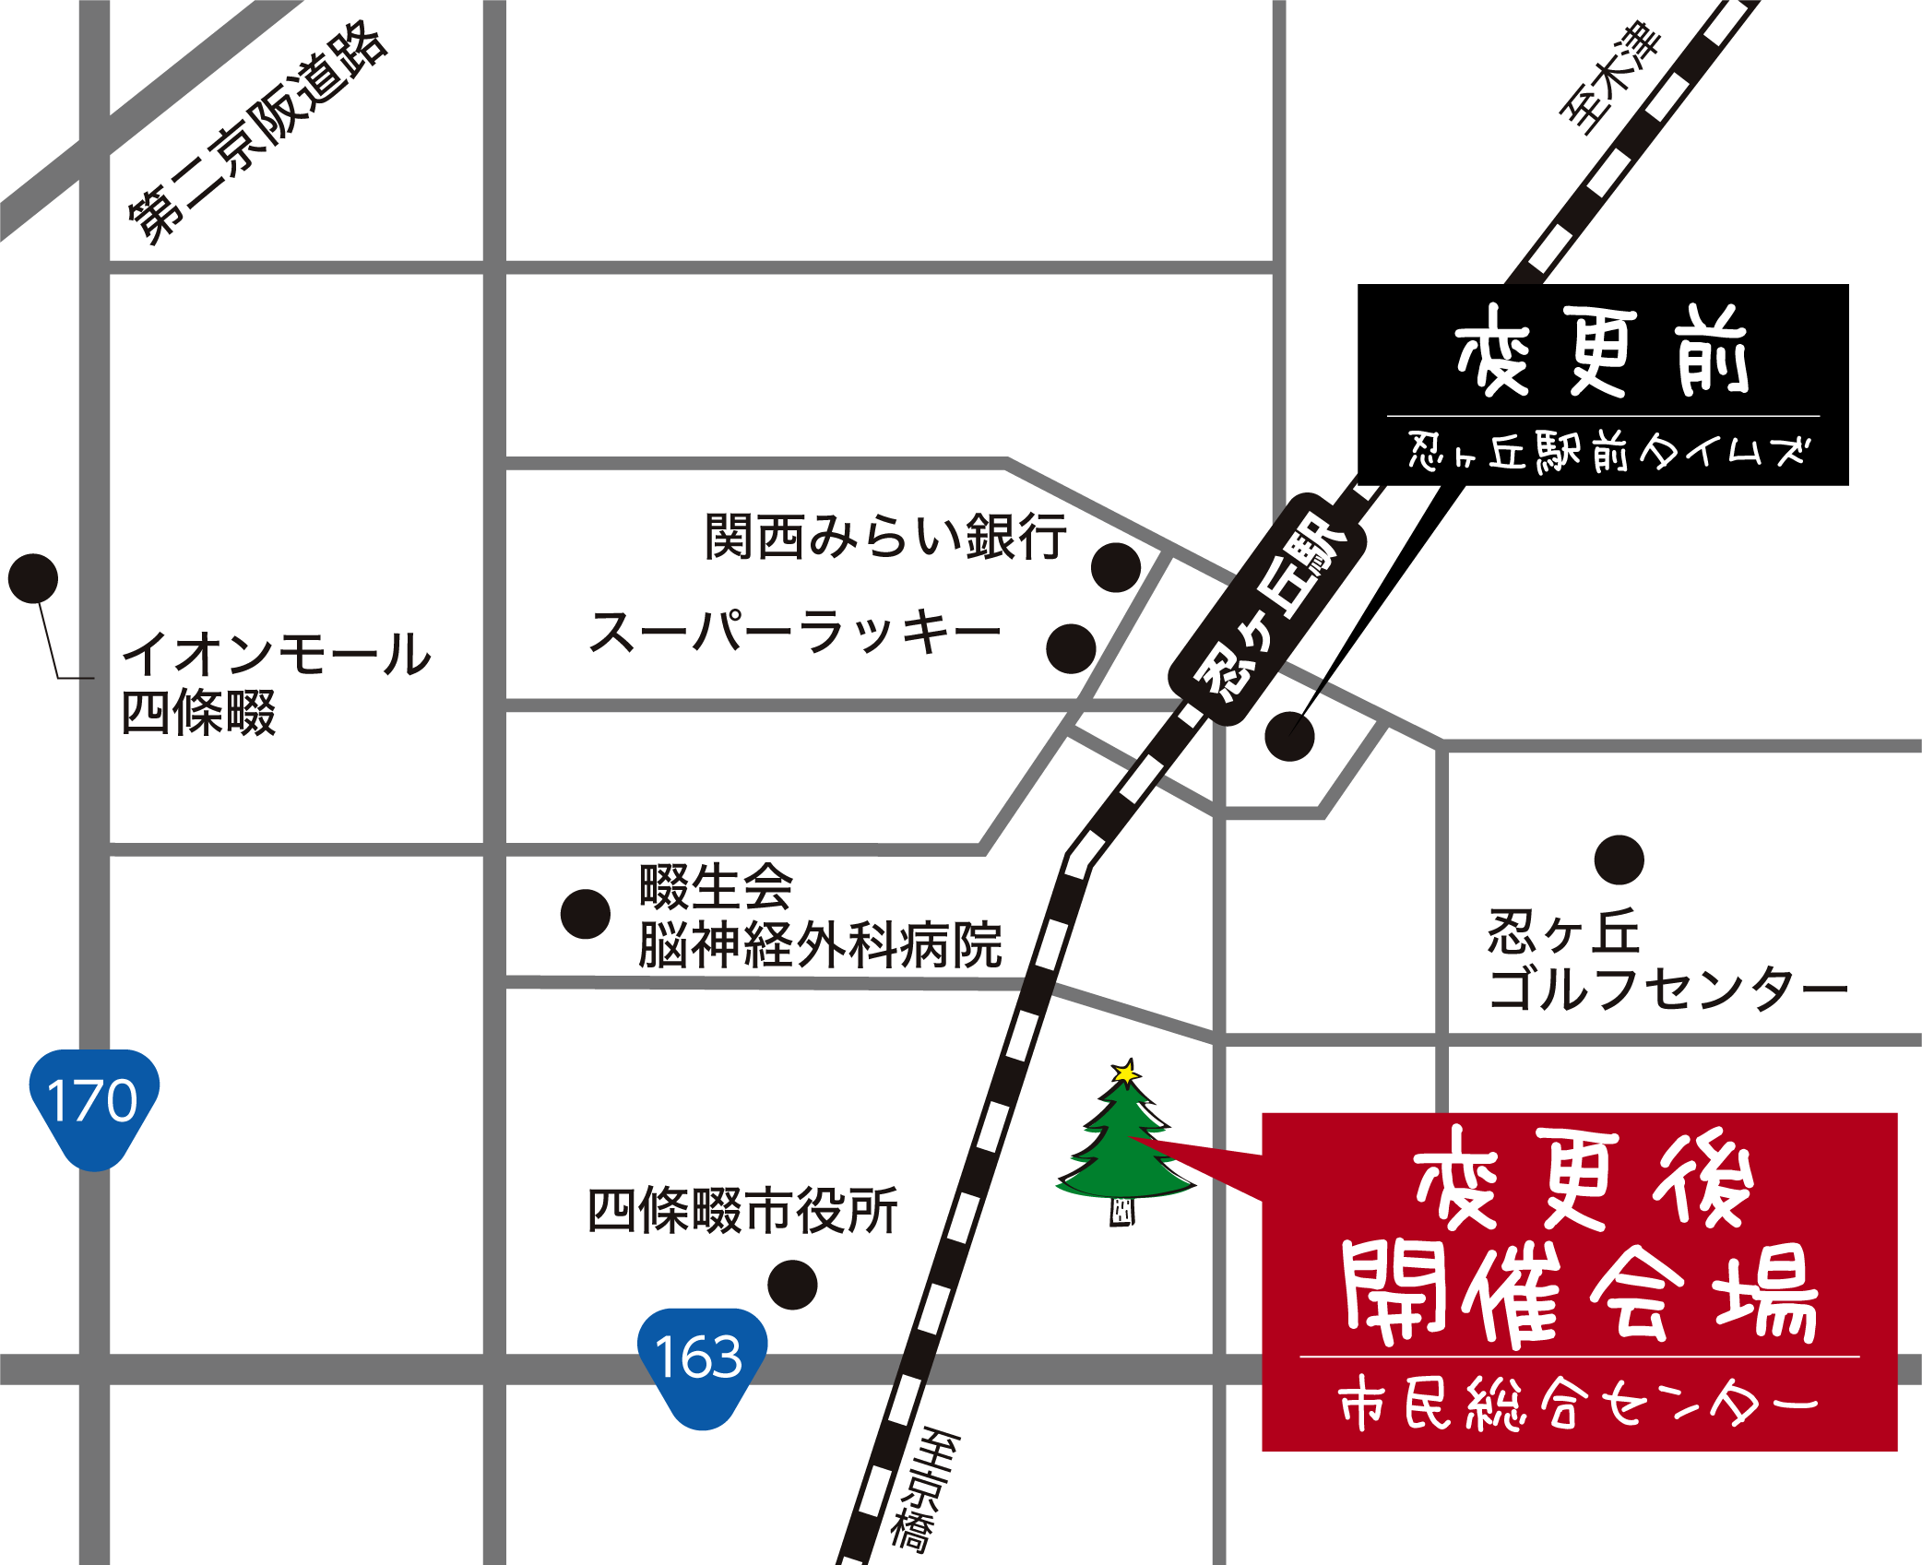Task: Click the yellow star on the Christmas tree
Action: pyautogui.click(x=1125, y=1073)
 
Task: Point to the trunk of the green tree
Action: pyautogui.click(x=1121, y=1212)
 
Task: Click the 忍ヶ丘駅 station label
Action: pyautogui.click(x=1268, y=610)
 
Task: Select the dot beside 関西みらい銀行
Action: pyautogui.click(x=1115, y=567)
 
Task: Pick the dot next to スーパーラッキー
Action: pyautogui.click(x=1071, y=648)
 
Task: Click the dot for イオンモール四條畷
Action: pyautogui.click(x=33, y=578)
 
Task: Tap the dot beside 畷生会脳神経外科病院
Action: pyautogui.click(x=586, y=914)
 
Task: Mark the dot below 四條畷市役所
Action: pyautogui.click(x=792, y=1285)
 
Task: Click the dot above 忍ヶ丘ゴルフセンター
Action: pyautogui.click(x=1619, y=860)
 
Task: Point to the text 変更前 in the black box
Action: pyautogui.click(x=1602, y=352)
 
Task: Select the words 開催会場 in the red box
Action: pyautogui.click(x=1579, y=1294)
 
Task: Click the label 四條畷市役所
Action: pyautogui.click(x=742, y=1211)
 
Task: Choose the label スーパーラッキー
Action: pyautogui.click(x=795, y=634)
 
